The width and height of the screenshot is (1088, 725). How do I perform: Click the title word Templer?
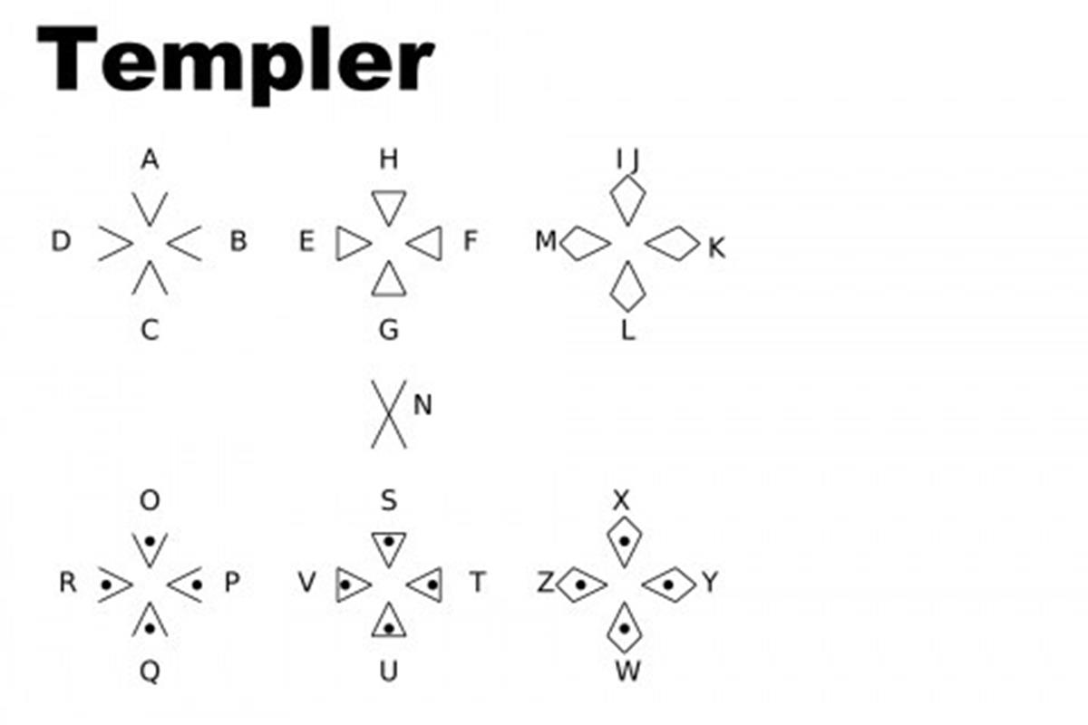coord(234,60)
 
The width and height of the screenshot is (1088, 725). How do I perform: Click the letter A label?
coord(150,160)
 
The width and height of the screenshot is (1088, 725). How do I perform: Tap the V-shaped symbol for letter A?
coord(150,208)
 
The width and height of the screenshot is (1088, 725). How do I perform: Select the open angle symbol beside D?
coord(116,243)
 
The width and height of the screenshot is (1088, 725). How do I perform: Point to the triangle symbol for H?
coord(388,207)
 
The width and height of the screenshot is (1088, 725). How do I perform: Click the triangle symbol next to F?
coord(425,243)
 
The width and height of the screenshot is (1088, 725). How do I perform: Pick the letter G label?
coord(388,330)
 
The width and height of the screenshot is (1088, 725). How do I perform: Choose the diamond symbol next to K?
coord(672,243)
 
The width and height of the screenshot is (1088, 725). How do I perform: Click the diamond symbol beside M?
coord(585,243)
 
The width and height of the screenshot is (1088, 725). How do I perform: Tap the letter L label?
coord(627,331)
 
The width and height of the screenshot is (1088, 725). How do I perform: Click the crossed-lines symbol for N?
coord(388,414)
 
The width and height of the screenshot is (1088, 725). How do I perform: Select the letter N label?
coord(422,405)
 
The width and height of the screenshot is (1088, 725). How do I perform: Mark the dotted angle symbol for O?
coord(150,546)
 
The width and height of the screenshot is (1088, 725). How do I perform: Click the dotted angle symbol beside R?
coord(114,584)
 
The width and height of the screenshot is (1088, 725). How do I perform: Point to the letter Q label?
coord(150,672)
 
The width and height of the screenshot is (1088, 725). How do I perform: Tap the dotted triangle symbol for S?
coord(388,546)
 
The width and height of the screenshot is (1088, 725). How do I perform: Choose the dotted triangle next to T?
coord(426,584)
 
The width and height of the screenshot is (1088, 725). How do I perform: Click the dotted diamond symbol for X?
coord(624,542)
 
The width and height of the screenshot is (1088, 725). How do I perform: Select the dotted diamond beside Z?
coord(582,584)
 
